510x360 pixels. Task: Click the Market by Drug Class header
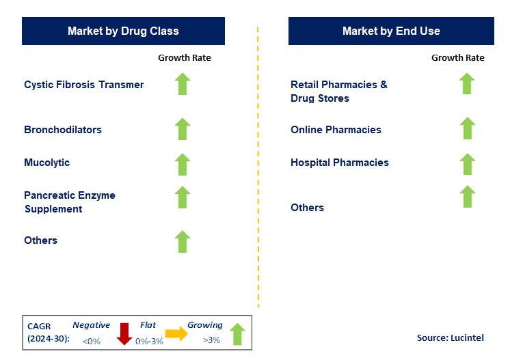click(x=123, y=31)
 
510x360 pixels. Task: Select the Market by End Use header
click(x=391, y=31)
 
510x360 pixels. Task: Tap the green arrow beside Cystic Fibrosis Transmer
click(x=182, y=84)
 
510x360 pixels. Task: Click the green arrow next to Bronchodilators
click(x=182, y=128)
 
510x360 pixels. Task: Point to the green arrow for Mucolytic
click(x=182, y=164)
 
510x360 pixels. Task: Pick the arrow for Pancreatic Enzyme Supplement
click(x=182, y=197)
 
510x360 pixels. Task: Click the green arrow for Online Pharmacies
click(x=467, y=128)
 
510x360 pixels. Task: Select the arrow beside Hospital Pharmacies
click(x=467, y=164)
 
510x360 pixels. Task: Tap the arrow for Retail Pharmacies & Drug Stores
click(x=467, y=84)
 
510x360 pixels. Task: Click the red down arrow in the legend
click(x=124, y=333)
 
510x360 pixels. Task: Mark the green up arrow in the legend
click(x=237, y=333)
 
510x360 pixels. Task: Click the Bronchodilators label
click(x=63, y=130)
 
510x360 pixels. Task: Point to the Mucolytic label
click(x=47, y=163)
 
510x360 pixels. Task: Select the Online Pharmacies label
click(x=336, y=130)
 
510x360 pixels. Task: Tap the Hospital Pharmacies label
click(x=340, y=163)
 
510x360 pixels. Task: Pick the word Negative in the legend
click(x=91, y=326)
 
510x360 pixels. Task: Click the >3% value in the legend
click(x=212, y=340)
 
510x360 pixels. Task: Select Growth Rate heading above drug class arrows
click(x=185, y=58)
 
